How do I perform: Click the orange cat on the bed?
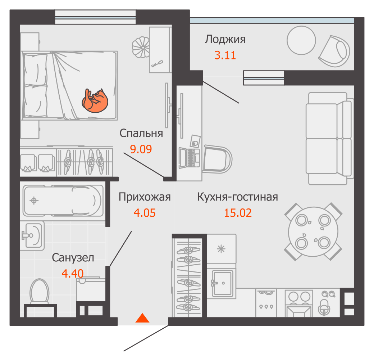[95, 100]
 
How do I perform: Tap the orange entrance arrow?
[143, 318]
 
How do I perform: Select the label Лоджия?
[225, 39]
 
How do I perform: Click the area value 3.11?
[225, 55]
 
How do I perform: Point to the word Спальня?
[141, 134]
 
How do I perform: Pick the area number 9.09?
[141, 149]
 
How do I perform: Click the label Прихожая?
[145, 197]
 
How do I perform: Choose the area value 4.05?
[145, 213]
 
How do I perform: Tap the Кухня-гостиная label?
[238, 197]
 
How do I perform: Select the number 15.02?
[238, 213]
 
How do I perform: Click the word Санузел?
[73, 258]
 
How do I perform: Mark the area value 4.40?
[73, 274]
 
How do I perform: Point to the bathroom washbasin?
[32, 235]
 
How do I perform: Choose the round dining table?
[313, 231]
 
